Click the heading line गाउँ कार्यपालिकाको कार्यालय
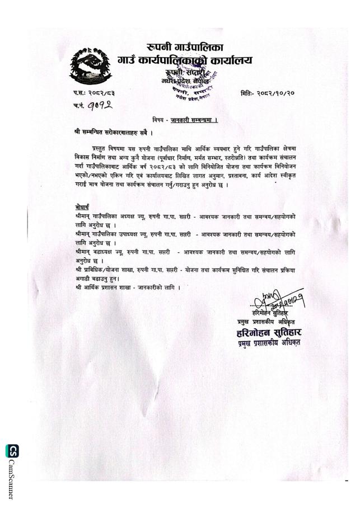[185, 60]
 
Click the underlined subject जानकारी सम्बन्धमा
[194, 121]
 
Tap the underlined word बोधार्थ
[82, 206]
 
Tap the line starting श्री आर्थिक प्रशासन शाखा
[128, 287]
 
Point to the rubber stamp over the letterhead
[193, 84]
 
